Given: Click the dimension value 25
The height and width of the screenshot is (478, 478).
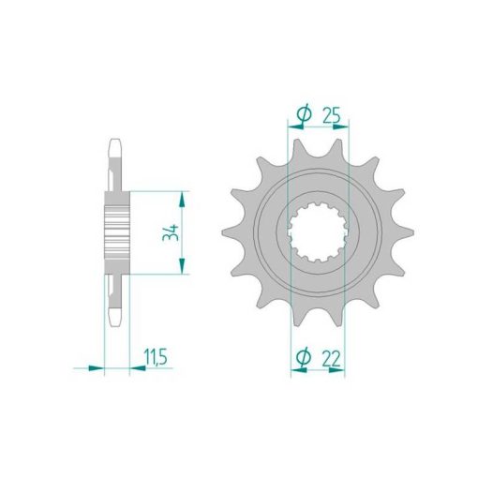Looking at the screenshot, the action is (331, 116).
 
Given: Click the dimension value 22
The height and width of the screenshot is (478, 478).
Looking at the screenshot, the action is (331, 359).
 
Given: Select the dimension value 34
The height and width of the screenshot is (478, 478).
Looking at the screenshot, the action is (171, 232).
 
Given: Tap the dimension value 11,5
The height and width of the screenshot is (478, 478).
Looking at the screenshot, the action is (156, 357).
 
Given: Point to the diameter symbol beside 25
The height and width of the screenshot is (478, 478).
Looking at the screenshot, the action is (305, 114).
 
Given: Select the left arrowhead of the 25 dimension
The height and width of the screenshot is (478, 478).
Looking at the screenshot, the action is (295, 127).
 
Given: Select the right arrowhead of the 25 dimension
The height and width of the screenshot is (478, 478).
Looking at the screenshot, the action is (340, 127).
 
